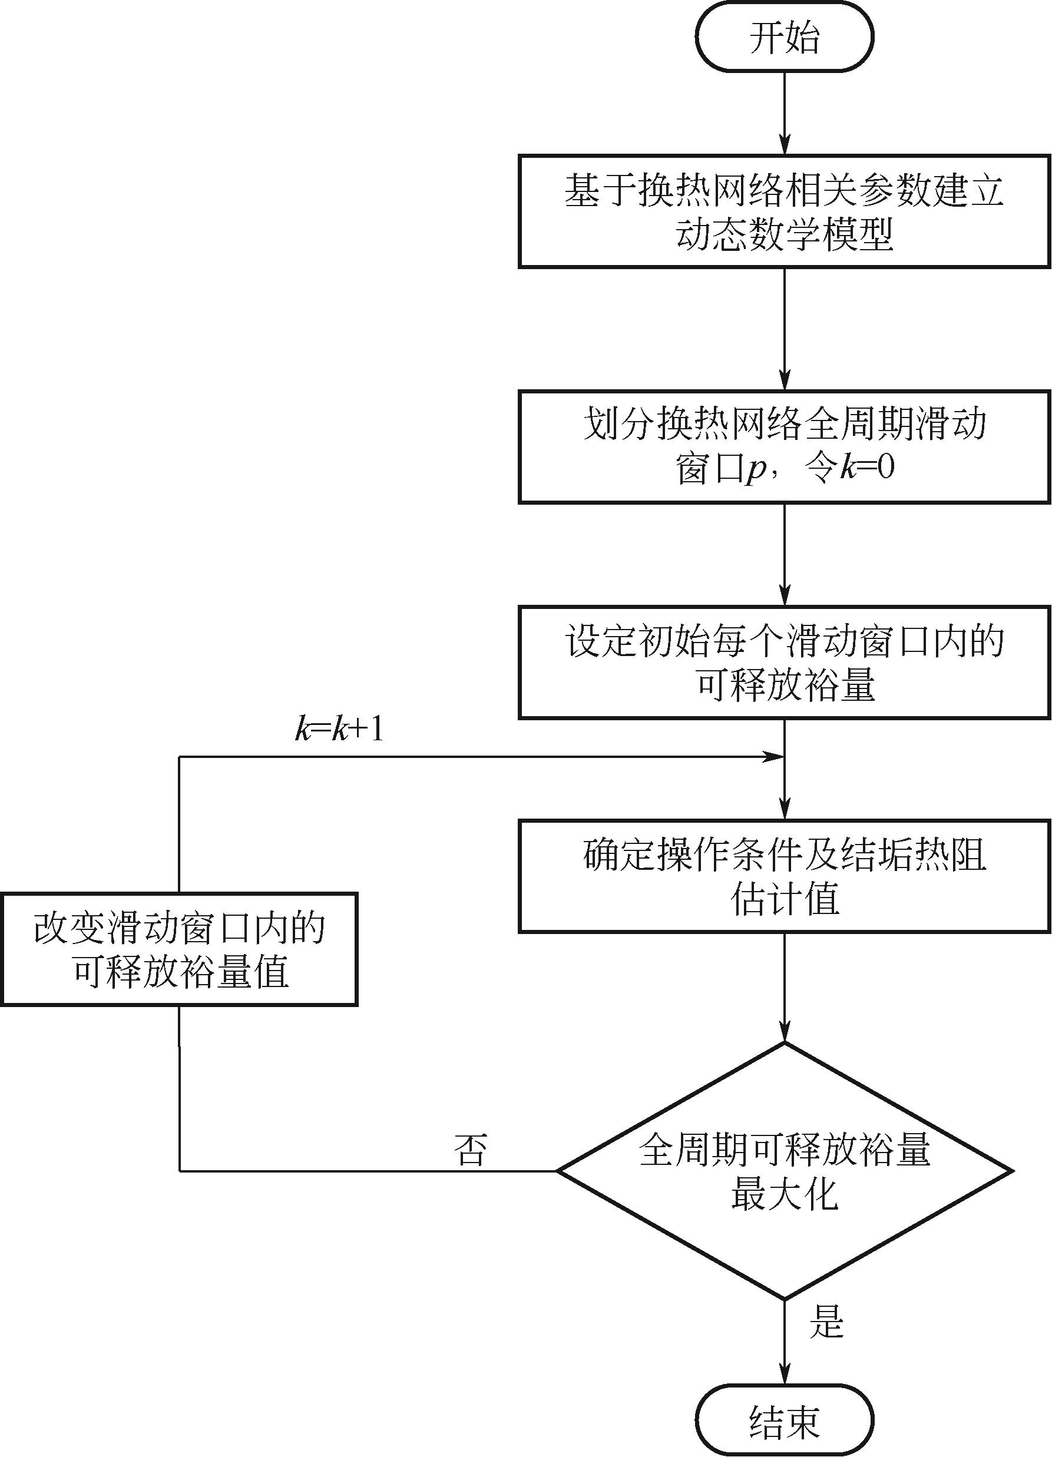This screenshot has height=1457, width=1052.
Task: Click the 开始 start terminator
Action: (784, 37)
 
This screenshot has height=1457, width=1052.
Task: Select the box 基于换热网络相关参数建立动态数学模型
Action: (784, 211)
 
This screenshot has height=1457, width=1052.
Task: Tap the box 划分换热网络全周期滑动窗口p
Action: (784, 447)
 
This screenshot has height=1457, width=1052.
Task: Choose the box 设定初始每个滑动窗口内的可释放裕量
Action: (784, 663)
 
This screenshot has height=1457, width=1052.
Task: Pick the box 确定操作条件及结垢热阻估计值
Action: (784, 876)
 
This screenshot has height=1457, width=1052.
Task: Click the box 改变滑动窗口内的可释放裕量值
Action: (179, 949)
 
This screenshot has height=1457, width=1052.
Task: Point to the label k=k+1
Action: (339, 730)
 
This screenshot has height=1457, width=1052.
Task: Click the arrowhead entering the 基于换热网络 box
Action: (784, 145)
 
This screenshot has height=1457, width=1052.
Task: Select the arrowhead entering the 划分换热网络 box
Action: (784, 381)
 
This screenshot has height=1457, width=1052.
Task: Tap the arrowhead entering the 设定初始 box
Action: (784, 596)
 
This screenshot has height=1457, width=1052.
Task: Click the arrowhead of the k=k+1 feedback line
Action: (773, 757)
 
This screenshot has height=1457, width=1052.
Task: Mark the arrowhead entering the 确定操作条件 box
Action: (784, 811)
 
